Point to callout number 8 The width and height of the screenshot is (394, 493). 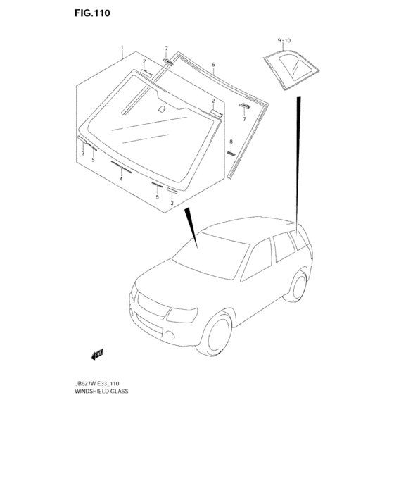point(230,142)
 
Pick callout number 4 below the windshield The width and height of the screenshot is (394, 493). point(121,179)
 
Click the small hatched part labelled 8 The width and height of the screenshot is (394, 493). point(230,151)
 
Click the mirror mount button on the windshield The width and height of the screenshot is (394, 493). point(161,109)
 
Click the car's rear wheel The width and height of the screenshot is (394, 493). point(299,284)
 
